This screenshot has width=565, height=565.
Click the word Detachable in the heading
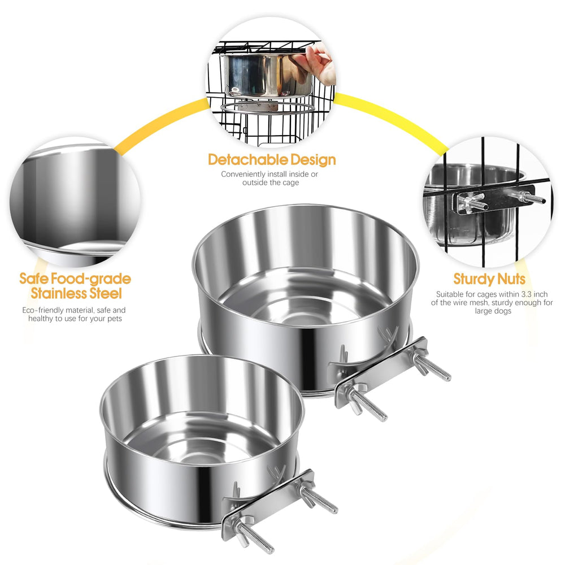click(248, 160)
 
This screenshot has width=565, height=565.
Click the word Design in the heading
click(313, 160)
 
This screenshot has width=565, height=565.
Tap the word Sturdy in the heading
click(474, 279)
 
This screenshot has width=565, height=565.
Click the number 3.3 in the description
click(527, 294)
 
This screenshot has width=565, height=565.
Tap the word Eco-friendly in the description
click(44, 310)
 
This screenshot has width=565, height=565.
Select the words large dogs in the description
click(493, 311)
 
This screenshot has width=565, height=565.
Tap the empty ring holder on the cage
click(268, 107)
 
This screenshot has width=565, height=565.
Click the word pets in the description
click(115, 319)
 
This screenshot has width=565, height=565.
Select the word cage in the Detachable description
click(291, 183)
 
